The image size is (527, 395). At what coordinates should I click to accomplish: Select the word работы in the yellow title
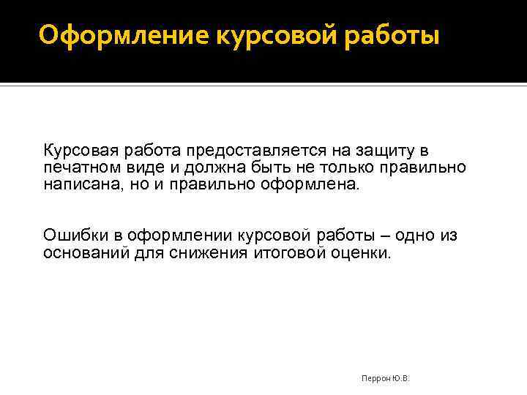[x=396, y=34]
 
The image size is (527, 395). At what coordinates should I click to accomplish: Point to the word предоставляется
[x=244, y=151]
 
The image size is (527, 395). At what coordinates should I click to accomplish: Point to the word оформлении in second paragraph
[x=178, y=236]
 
